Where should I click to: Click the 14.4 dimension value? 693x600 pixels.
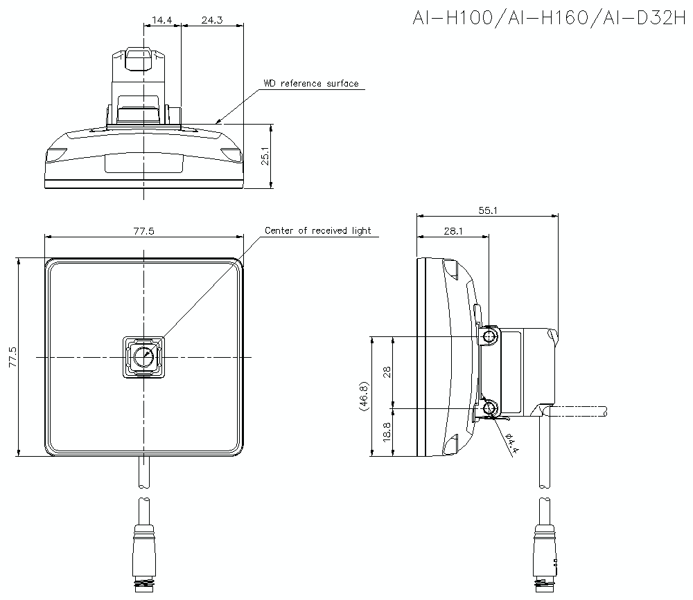pos(162,20)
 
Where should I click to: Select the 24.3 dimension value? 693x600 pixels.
pos(211,20)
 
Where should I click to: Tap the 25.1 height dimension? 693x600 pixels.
pos(264,156)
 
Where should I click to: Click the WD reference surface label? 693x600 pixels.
pos(310,84)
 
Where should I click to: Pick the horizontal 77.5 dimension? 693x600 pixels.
pos(143,231)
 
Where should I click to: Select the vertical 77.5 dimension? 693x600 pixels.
pos(12,358)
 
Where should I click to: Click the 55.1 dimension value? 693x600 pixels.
pos(487,210)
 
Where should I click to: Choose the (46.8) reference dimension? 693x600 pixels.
pos(365,397)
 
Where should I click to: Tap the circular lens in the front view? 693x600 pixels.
pos(143,357)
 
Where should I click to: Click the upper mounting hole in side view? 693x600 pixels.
pos(491,337)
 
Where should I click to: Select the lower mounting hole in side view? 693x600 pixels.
pos(491,408)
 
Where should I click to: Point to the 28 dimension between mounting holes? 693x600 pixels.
pos(387,372)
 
